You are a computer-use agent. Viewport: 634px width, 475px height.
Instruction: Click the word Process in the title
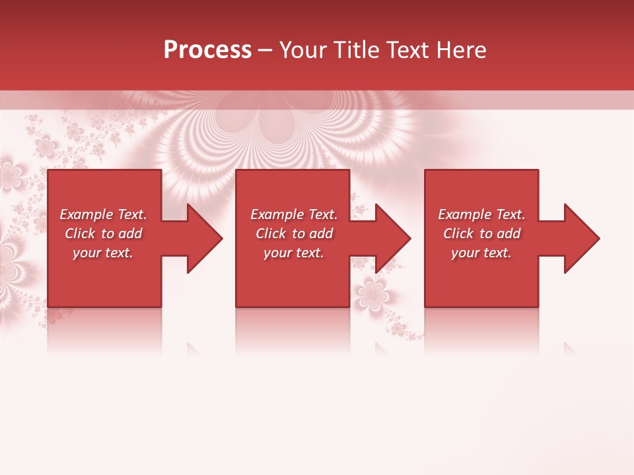207,50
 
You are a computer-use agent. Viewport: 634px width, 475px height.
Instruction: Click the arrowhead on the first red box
197,238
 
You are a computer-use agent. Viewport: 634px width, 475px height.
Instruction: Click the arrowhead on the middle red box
386,238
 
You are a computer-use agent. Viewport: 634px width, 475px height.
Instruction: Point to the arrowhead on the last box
575,238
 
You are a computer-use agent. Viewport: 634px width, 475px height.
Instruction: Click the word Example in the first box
87,214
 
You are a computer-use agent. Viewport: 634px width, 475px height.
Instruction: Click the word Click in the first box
80,234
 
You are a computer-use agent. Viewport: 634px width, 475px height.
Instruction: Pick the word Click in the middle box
271,234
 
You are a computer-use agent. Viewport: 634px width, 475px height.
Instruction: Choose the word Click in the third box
458,234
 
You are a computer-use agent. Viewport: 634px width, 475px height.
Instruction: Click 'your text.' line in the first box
103,253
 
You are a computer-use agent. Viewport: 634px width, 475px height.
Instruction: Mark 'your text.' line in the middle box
294,253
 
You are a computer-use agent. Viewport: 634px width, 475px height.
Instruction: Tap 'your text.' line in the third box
481,253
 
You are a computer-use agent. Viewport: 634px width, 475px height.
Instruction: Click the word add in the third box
509,234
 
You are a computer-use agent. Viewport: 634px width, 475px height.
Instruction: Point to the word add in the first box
130,234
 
